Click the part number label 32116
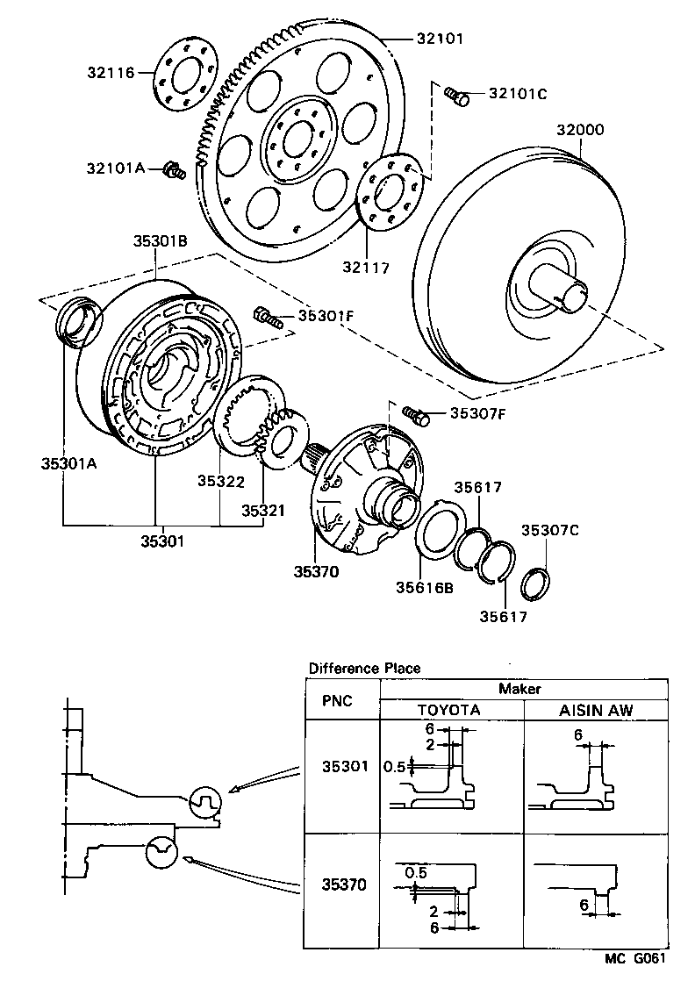[x=111, y=73]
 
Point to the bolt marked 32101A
[x=174, y=169]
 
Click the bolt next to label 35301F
[x=268, y=316]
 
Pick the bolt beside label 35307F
[x=416, y=414]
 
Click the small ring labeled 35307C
[x=536, y=581]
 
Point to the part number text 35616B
[x=424, y=588]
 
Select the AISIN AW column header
[x=596, y=710]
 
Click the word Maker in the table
[x=520, y=689]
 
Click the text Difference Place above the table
[x=364, y=668]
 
